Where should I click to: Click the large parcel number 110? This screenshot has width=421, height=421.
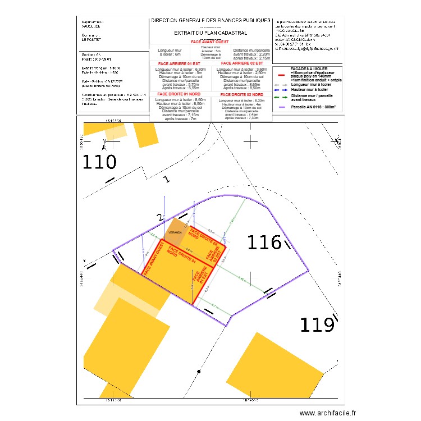(x=99, y=162)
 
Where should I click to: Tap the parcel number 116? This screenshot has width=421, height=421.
(x=264, y=242)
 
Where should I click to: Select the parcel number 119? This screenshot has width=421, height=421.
(x=316, y=324)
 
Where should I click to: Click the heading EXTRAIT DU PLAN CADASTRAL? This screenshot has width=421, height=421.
(x=210, y=33)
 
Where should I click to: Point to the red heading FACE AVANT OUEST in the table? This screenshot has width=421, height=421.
(x=210, y=42)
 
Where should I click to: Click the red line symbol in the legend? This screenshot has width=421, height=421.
(x=282, y=74)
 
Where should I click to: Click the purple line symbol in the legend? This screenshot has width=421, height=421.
(x=282, y=107)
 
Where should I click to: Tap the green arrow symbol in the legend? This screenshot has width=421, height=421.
(x=282, y=97)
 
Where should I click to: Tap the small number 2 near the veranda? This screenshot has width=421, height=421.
(x=159, y=218)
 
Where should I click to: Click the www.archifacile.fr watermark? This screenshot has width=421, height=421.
(x=328, y=413)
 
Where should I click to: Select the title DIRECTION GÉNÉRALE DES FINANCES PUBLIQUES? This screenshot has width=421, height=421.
(x=210, y=20)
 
